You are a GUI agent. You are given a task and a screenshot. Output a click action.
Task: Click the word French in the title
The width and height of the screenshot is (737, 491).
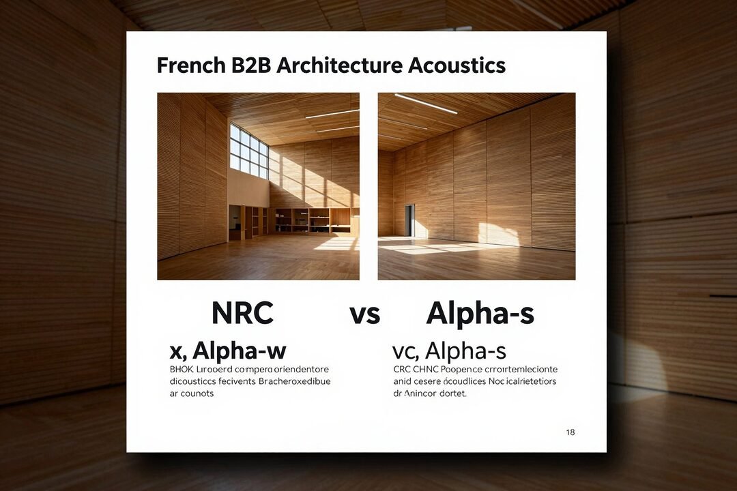(188, 65)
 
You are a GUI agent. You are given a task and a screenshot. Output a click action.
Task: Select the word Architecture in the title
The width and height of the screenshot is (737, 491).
(338, 65)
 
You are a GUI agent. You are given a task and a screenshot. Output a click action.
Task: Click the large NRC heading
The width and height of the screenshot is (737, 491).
(242, 313)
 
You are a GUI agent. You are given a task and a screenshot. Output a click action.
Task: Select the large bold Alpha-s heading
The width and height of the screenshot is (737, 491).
(480, 313)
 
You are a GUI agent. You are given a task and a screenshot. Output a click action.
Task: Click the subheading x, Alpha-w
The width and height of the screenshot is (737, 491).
(228, 351)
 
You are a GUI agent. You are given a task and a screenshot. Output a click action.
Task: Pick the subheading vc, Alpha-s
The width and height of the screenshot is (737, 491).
(449, 351)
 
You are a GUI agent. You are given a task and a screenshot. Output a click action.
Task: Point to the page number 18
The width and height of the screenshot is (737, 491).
(570, 432)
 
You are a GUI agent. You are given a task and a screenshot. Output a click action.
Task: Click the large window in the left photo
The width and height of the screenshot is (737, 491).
(248, 149)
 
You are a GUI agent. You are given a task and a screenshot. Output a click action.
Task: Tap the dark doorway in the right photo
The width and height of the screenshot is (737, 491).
(409, 220)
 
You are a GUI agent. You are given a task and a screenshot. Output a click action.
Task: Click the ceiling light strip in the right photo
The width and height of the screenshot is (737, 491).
(426, 104)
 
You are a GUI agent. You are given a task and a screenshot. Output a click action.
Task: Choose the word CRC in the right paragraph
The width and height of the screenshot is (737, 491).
(403, 369)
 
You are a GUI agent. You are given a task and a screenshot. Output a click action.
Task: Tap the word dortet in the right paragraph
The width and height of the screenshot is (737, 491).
(450, 393)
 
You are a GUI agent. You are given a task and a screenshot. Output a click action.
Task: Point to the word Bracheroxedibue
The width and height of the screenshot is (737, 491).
(294, 381)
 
